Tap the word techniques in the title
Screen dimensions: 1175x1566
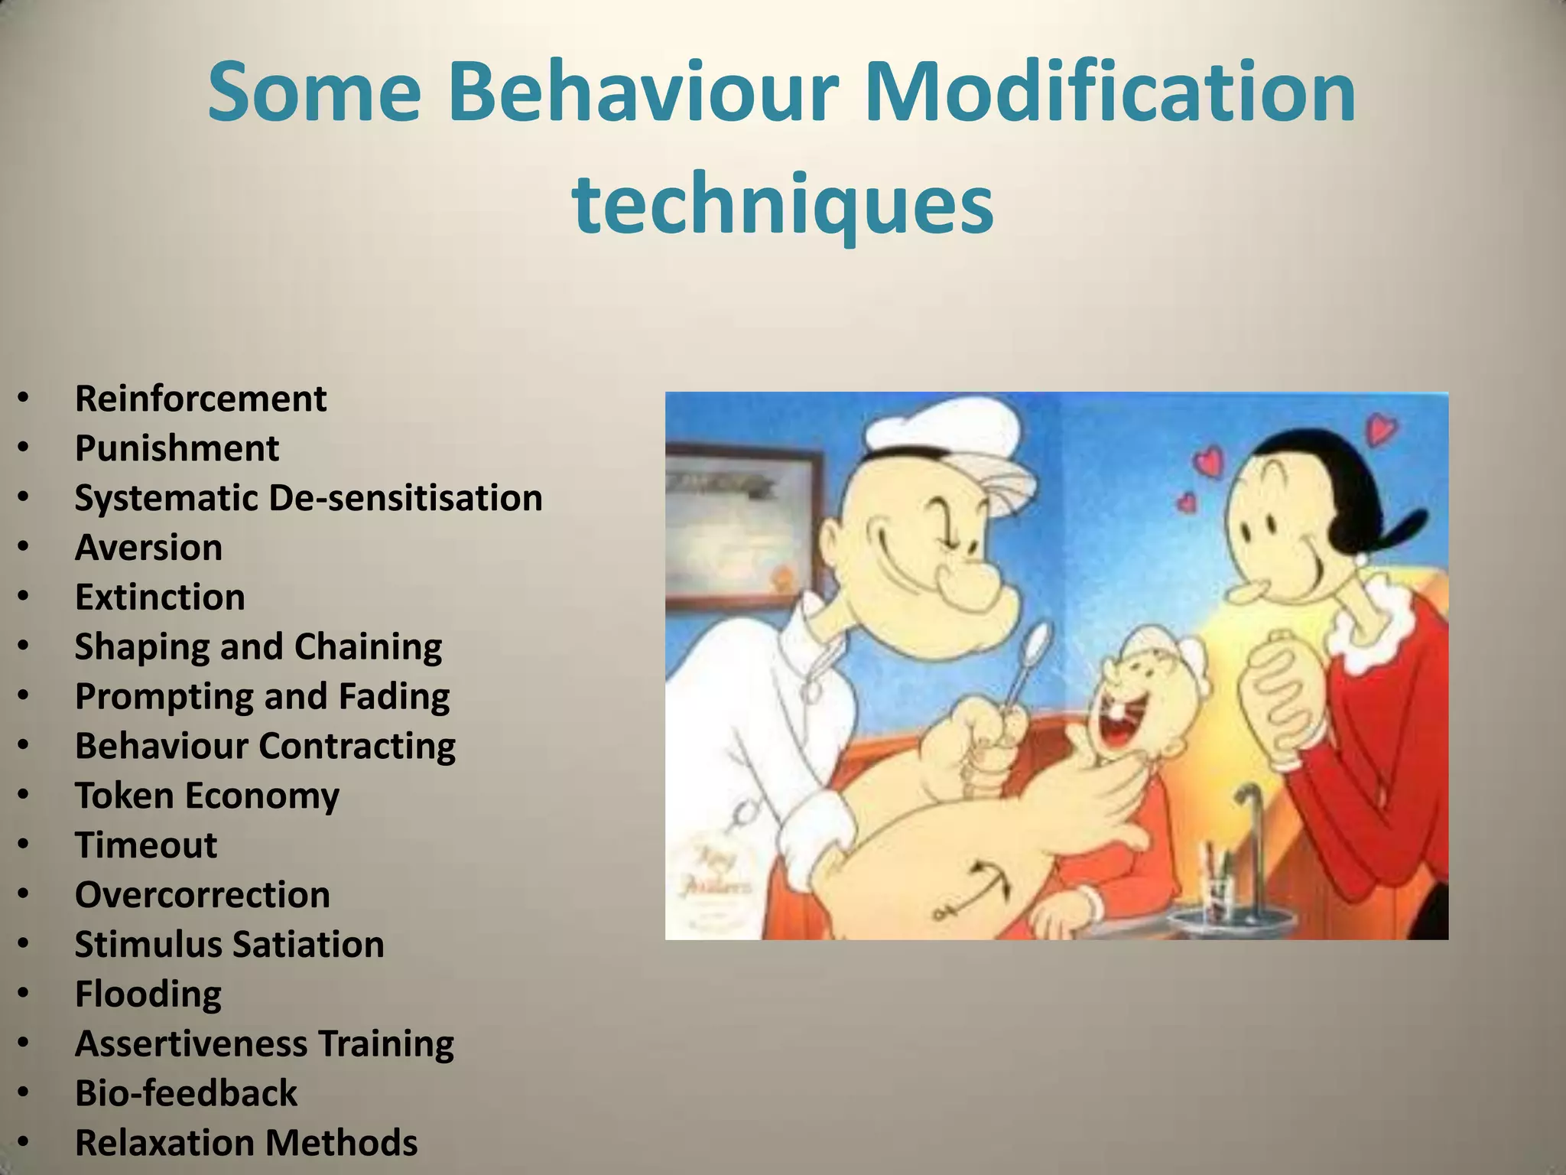(782, 205)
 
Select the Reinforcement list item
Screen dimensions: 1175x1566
(200, 399)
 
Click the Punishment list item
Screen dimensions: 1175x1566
(177, 448)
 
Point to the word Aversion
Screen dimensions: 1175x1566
(148, 548)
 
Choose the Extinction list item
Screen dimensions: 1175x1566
(160, 597)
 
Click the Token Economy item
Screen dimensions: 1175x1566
(206, 796)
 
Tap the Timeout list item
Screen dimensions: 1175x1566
(146, 845)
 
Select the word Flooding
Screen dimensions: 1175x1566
(148, 994)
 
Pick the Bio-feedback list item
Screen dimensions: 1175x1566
(186, 1093)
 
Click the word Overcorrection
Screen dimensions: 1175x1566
(202, 895)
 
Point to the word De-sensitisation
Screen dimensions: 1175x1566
(405, 498)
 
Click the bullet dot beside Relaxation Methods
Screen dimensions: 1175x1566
(24, 1143)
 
